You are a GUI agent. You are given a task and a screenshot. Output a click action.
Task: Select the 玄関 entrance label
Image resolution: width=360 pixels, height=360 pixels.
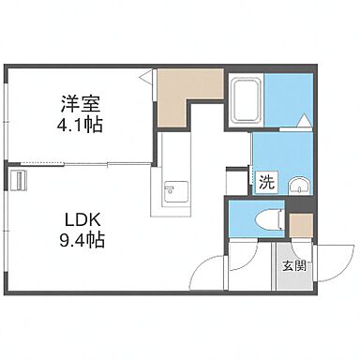[x=294, y=265]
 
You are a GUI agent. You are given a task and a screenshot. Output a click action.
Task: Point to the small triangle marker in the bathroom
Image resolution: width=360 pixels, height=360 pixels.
[x=306, y=119]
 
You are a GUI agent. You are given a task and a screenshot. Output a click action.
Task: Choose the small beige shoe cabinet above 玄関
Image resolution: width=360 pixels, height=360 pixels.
[x=301, y=226]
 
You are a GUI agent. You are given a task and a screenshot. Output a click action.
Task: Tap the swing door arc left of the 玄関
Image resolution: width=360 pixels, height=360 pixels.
[x=208, y=272]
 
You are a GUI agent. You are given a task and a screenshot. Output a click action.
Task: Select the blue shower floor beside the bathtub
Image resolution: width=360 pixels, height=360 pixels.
[x=291, y=98]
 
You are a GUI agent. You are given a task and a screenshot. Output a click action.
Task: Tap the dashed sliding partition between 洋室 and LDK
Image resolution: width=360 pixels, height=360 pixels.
[x=84, y=165]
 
